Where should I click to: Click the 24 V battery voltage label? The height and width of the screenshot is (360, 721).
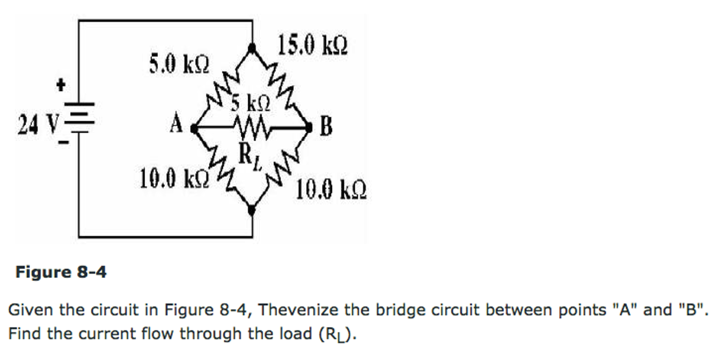tap(38, 125)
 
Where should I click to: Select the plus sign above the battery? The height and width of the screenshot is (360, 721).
tap(61, 85)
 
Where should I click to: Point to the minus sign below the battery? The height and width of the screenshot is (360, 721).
tap(64, 142)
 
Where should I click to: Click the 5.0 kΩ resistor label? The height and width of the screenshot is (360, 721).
tap(179, 64)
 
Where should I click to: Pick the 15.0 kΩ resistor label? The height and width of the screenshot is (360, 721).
tap(313, 45)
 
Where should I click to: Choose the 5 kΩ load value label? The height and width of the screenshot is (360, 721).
tap(251, 103)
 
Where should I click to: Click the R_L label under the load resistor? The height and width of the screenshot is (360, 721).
tap(249, 156)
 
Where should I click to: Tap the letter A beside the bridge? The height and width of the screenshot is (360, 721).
tap(176, 124)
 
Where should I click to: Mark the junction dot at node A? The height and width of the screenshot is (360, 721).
tap(194, 129)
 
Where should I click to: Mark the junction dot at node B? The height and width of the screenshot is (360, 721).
tap(309, 128)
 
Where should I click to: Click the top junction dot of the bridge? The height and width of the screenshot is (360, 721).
tap(252, 48)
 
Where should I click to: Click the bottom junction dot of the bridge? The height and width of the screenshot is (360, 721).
tap(252, 210)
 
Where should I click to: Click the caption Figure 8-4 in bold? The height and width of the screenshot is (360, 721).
tap(61, 272)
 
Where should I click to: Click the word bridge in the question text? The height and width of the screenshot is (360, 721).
tap(396, 310)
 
